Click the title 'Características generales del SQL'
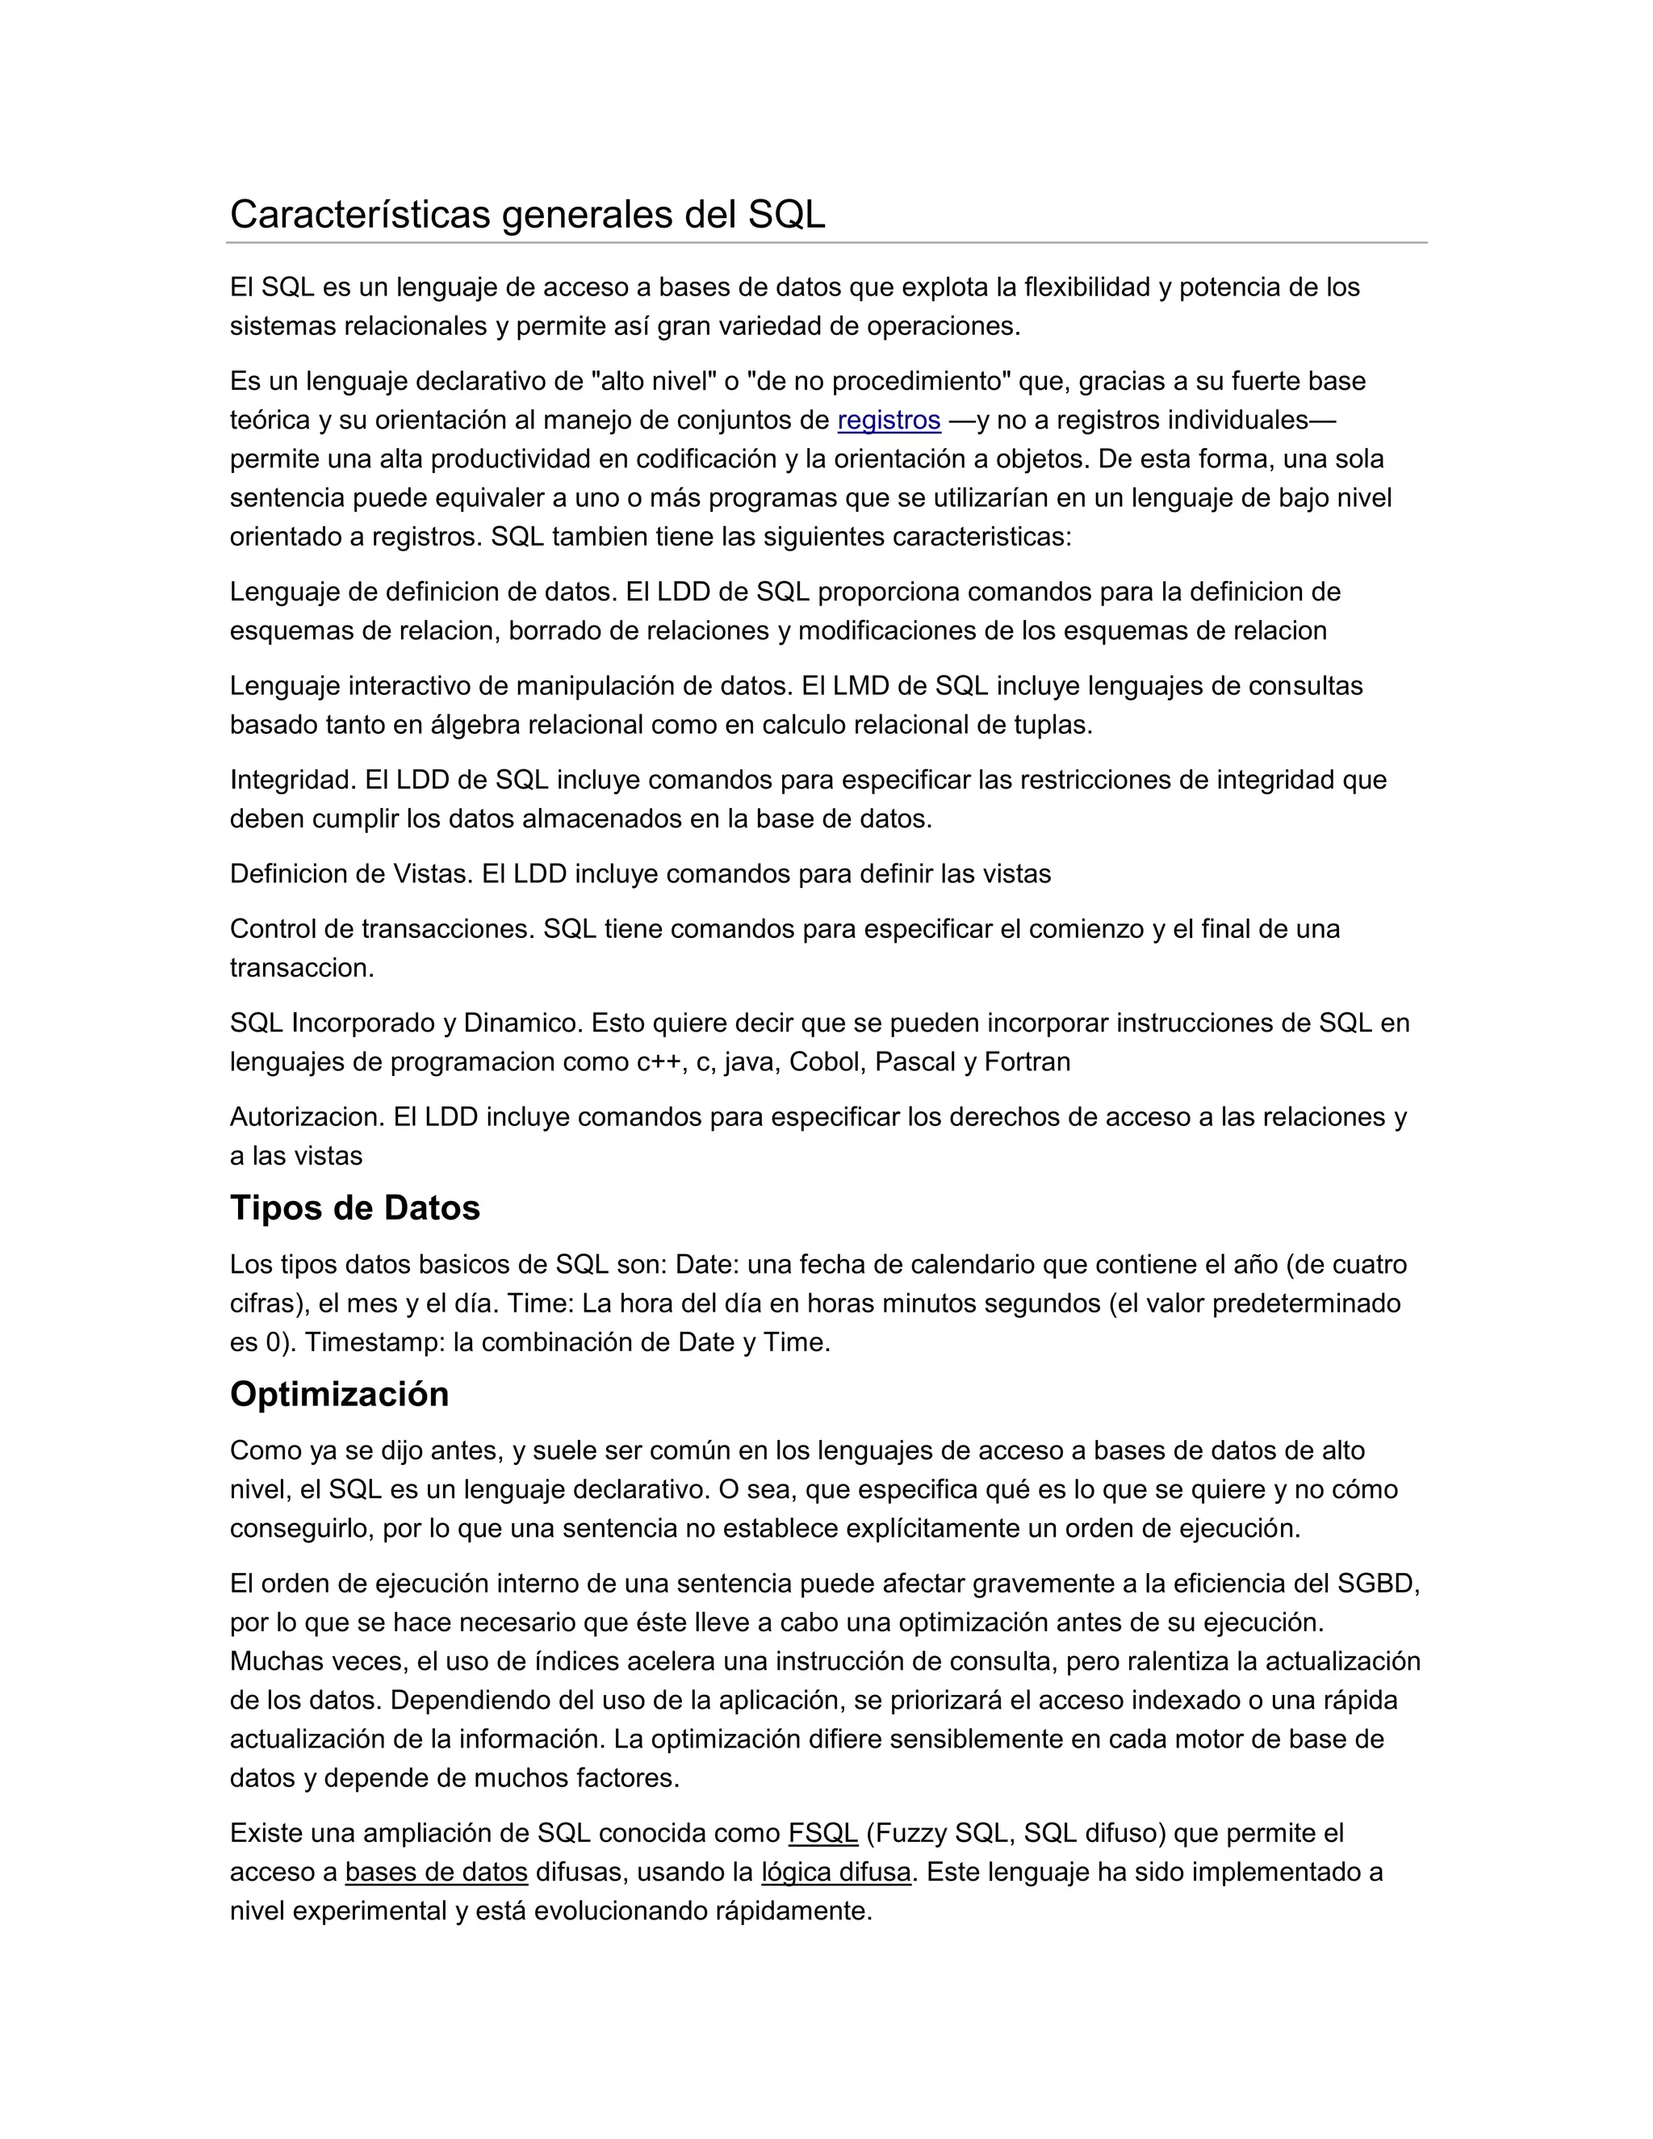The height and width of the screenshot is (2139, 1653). (527, 215)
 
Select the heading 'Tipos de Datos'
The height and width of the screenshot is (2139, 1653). (354, 1208)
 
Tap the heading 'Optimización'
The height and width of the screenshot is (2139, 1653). (339, 1394)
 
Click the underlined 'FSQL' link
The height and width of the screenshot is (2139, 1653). (822, 1832)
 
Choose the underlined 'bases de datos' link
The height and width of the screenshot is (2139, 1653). (436, 1872)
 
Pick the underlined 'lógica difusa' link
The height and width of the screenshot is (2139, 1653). (835, 1872)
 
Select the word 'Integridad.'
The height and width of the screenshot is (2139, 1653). (294, 780)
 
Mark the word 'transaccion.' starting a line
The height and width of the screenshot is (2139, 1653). (302, 968)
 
